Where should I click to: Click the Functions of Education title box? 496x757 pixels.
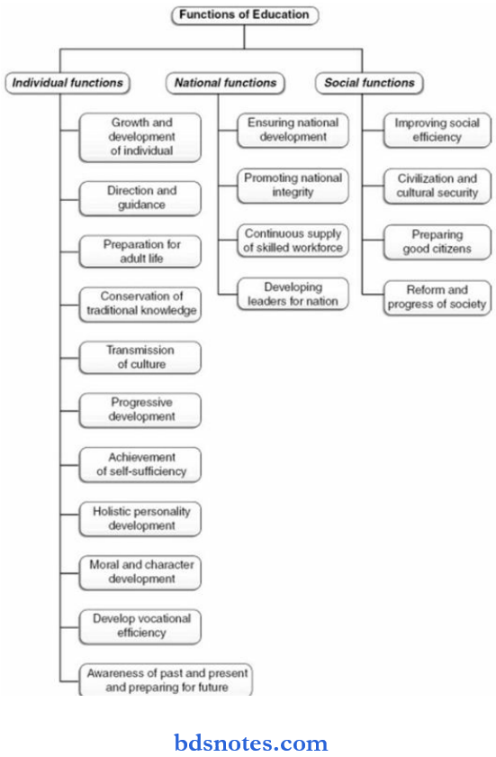click(x=244, y=15)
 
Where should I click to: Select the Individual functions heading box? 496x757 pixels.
click(x=68, y=83)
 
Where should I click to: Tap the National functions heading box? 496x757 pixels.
click(x=225, y=83)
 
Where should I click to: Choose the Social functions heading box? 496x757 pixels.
click(x=369, y=83)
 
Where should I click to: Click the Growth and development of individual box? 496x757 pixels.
click(x=140, y=137)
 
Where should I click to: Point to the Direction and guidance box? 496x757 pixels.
click(x=140, y=198)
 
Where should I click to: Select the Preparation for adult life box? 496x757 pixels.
click(x=140, y=251)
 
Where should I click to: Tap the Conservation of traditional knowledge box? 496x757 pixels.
click(x=140, y=305)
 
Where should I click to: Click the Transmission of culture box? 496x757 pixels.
click(x=140, y=357)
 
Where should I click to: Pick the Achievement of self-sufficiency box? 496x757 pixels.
click(x=140, y=464)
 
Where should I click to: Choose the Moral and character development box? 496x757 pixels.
click(x=140, y=572)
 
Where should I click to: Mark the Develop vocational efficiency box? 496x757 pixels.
click(x=140, y=626)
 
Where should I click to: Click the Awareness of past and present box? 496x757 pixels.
click(x=166, y=679)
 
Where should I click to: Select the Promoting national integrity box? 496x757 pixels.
click(x=293, y=186)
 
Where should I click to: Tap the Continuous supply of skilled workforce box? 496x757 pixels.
click(x=293, y=241)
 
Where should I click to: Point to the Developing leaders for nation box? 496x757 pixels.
click(x=293, y=294)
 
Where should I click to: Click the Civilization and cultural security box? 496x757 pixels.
click(x=437, y=186)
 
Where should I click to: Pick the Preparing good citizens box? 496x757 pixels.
click(x=437, y=242)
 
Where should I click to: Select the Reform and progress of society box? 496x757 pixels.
click(x=437, y=297)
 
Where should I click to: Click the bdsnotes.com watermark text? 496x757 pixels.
click(x=250, y=743)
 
